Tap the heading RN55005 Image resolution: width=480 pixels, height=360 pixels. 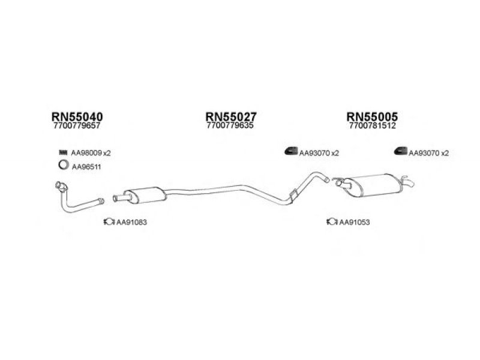[372, 117]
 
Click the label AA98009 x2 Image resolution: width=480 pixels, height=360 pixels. [91, 153]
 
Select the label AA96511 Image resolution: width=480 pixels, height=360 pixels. [86, 167]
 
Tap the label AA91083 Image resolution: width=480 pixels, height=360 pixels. [131, 223]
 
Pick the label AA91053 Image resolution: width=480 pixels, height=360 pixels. [355, 223]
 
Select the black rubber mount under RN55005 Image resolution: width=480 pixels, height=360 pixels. [400, 152]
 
